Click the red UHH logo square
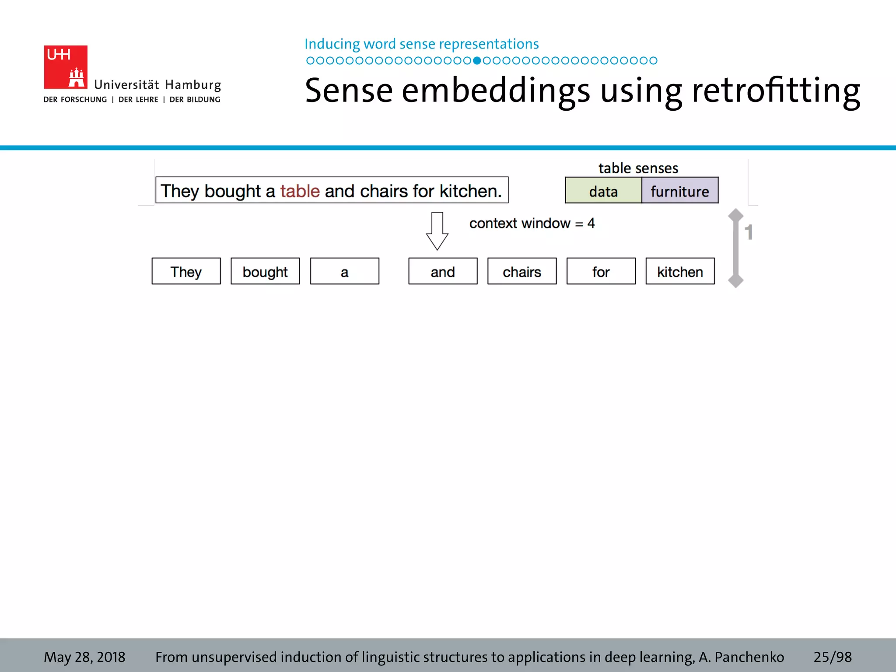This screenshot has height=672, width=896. [66, 67]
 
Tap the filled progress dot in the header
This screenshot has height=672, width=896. [477, 60]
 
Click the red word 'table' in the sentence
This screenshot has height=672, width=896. [300, 191]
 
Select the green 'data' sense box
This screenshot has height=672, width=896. [603, 191]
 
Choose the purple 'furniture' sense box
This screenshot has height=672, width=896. [679, 191]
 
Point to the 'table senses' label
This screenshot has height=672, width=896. [638, 168]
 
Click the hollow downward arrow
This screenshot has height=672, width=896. [437, 231]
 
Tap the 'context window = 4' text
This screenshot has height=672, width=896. [532, 223]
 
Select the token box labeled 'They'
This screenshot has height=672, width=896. [186, 271]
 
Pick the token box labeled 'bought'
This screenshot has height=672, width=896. [265, 271]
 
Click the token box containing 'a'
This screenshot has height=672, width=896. [344, 271]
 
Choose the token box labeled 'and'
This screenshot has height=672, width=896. [443, 271]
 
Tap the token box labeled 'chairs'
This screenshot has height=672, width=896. [522, 271]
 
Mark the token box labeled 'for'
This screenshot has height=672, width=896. [601, 271]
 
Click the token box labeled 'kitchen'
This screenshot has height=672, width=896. [680, 271]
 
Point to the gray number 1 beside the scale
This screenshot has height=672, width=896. [749, 232]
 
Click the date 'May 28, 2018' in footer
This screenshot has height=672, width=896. [84, 657]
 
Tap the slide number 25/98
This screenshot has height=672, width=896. [833, 657]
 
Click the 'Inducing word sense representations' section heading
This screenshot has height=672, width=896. [421, 44]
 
